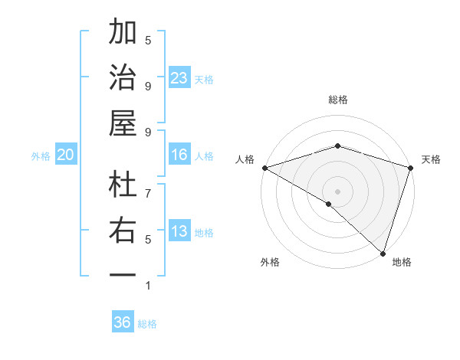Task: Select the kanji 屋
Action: tap(123, 123)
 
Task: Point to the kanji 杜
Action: tap(123, 185)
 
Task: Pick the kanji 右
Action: tap(123, 231)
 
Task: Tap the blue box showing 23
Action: tap(179, 77)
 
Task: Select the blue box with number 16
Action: tap(179, 155)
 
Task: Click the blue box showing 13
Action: tap(179, 231)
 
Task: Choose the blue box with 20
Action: tap(65, 155)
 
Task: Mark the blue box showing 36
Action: tap(122, 322)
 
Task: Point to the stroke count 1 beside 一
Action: tap(148, 286)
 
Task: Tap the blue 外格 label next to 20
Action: tap(41, 155)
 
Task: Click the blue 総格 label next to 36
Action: tap(147, 324)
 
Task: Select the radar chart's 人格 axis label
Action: tap(245, 159)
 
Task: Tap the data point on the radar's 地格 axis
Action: tap(383, 252)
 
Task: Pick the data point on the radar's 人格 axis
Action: tap(264, 168)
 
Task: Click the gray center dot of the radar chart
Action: tap(337, 191)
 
